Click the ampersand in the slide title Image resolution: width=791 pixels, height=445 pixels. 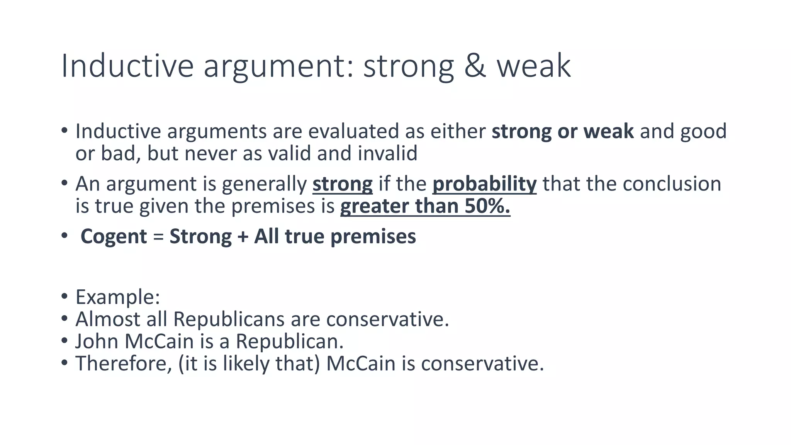(475, 66)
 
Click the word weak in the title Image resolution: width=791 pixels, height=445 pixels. (533, 66)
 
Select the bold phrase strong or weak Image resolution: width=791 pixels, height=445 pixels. (562, 131)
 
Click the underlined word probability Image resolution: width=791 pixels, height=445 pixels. (484, 184)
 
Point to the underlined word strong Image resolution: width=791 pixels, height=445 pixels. (342, 184)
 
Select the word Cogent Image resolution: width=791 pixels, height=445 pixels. (114, 236)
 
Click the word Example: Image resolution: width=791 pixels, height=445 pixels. (117, 297)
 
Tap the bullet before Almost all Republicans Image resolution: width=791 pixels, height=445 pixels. (64, 319)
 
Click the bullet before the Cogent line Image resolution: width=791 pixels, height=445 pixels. (64, 236)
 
